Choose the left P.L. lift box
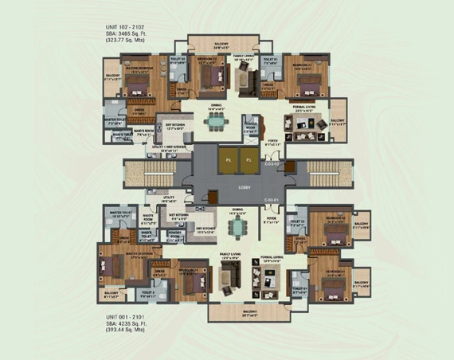tap(227, 159)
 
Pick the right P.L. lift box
tap(249, 159)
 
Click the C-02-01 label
tap(271, 199)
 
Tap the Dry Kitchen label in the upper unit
tap(175, 127)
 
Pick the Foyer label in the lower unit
tap(271, 218)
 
